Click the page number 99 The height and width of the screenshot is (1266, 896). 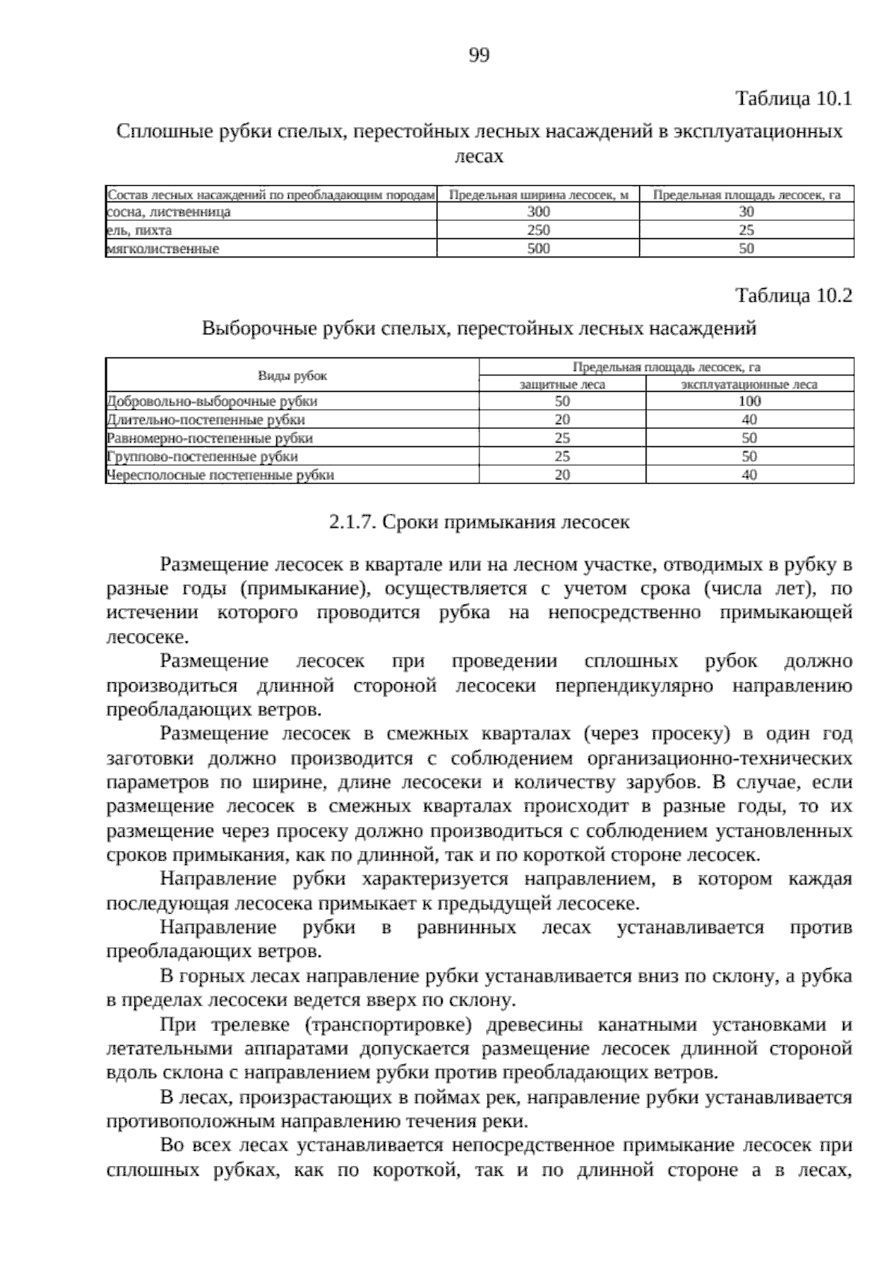pyautogui.click(x=479, y=54)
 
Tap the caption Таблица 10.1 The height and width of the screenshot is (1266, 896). pyautogui.click(x=794, y=99)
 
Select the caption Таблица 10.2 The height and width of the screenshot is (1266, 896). pyautogui.click(x=794, y=296)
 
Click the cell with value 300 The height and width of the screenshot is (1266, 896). pyautogui.click(x=538, y=212)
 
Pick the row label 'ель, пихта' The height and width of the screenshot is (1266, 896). pyautogui.click(x=140, y=231)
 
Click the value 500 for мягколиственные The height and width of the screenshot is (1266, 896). pyautogui.click(x=538, y=249)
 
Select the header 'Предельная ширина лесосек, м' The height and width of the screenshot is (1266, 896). pyautogui.click(x=538, y=195)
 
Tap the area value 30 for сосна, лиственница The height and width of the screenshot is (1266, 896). pyautogui.click(x=747, y=212)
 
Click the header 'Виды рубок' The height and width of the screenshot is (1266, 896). pyautogui.click(x=292, y=376)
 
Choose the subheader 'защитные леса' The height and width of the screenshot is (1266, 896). pyautogui.click(x=561, y=385)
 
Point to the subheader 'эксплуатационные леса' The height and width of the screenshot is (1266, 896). pyautogui.click(x=749, y=385)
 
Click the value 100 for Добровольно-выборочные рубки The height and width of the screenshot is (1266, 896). pyautogui.click(x=749, y=402)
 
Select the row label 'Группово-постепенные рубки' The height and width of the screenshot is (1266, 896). pyautogui.click(x=202, y=456)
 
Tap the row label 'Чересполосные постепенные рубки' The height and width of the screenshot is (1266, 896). pyautogui.click(x=220, y=475)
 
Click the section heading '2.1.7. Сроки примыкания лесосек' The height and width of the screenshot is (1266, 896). pyautogui.click(x=479, y=522)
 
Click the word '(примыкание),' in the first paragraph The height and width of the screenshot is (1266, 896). pyautogui.click(x=305, y=589)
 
